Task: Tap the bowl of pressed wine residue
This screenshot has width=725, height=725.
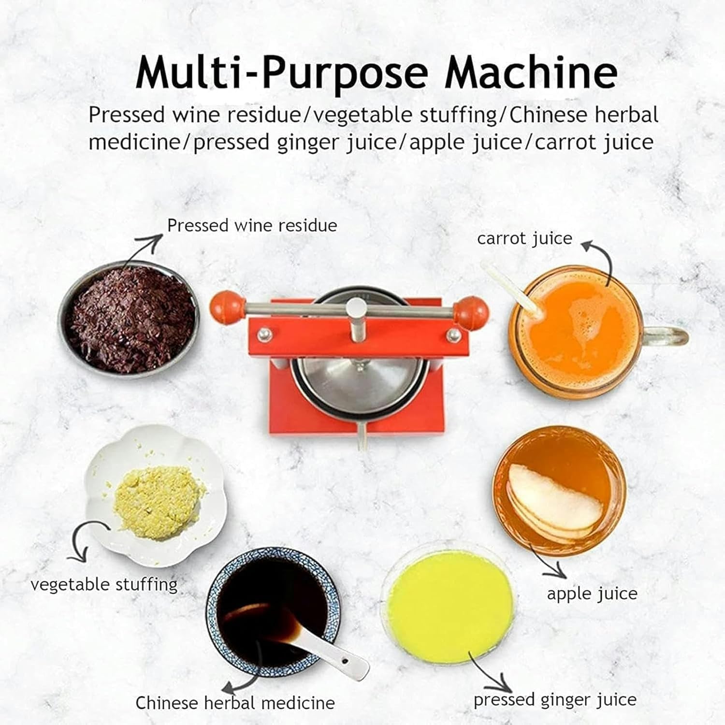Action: (x=130, y=319)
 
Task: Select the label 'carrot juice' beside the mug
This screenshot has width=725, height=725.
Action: (x=524, y=238)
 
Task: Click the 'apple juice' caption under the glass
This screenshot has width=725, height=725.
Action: (x=592, y=594)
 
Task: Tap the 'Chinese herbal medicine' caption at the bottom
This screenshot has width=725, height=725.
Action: (x=235, y=702)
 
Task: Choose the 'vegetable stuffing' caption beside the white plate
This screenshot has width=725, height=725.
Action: (x=104, y=584)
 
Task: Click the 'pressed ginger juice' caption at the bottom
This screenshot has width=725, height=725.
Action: (x=555, y=699)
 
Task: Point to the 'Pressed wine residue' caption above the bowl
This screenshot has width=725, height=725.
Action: (x=252, y=225)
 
